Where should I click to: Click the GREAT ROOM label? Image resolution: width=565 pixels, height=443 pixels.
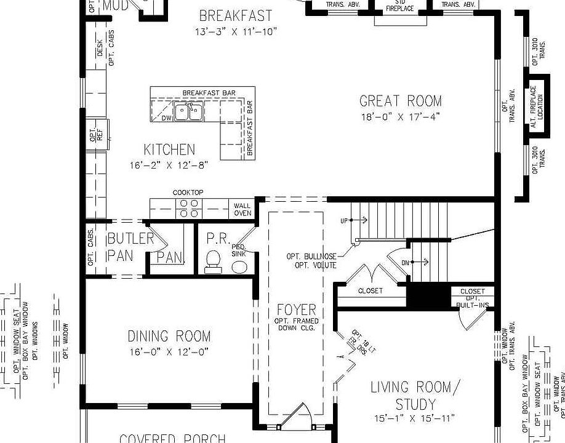click(400, 101)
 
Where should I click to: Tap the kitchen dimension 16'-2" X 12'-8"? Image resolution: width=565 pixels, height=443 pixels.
click(169, 165)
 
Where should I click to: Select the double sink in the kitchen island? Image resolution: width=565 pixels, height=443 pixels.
click(188, 112)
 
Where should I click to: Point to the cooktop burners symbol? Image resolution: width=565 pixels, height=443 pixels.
click(188, 209)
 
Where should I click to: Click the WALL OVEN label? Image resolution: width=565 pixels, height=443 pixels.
click(242, 209)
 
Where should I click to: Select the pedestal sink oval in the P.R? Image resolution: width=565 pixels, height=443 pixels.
click(239, 266)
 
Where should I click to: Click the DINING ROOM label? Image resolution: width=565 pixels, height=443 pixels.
click(169, 337)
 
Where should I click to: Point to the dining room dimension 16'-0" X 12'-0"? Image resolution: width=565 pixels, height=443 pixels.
click(169, 352)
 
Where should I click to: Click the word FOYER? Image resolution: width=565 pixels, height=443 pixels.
click(296, 309)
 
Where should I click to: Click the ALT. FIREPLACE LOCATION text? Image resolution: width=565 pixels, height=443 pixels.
click(537, 103)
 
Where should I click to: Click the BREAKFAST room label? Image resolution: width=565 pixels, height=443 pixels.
click(235, 16)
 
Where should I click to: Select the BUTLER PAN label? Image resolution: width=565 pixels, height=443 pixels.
click(130, 246)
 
